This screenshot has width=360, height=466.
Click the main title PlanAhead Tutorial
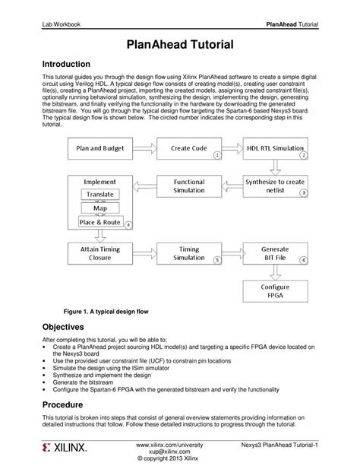(x=180, y=46)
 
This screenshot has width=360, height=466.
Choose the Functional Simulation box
(x=189, y=186)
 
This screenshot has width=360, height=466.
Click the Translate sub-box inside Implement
(x=100, y=195)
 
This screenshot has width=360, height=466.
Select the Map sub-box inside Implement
(x=100, y=208)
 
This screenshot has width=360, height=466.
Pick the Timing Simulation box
(x=189, y=253)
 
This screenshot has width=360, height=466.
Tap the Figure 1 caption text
(x=95, y=312)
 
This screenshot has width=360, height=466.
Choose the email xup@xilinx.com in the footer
(x=180, y=450)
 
